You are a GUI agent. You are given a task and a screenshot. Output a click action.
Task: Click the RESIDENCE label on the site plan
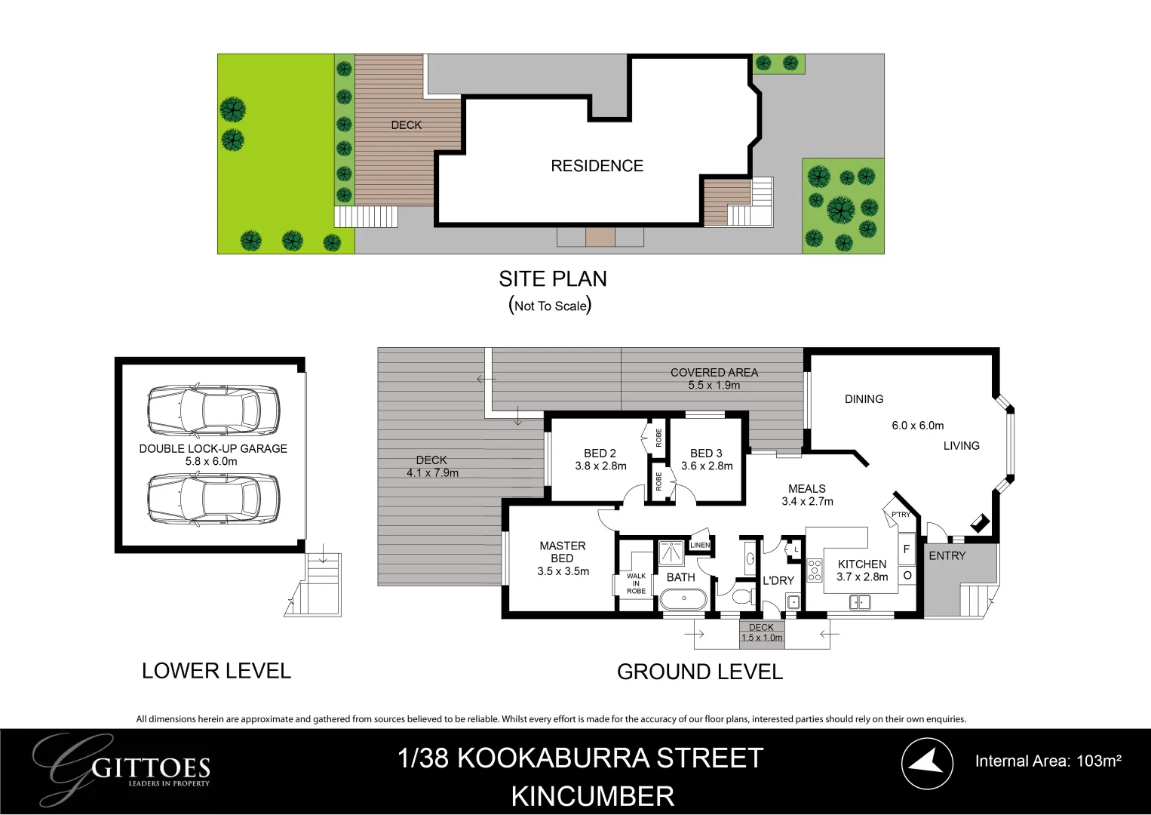tap(597, 166)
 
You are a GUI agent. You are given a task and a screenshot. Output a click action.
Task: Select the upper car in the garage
tap(213, 411)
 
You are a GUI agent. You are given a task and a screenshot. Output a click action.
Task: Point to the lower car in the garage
tap(213, 499)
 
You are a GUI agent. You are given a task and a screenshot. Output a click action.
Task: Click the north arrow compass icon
tap(927, 763)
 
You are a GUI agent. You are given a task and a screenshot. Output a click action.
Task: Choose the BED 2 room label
tap(600, 454)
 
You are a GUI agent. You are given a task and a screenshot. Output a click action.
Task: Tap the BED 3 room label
tap(706, 454)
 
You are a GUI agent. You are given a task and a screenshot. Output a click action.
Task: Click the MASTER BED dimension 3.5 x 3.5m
tap(563, 571)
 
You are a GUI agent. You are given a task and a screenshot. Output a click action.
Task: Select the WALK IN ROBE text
tap(636, 583)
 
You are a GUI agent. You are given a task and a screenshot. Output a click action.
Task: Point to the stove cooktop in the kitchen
tap(815, 570)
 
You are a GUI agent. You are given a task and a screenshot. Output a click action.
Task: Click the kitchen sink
tap(859, 602)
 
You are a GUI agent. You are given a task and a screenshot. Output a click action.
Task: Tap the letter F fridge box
tap(907, 549)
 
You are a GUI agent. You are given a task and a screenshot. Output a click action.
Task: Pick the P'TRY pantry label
tap(901, 515)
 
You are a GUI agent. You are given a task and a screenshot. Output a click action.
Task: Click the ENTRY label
tap(947, 555)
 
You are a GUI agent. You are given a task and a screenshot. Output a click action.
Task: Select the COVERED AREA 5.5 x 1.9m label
tap(714, 379)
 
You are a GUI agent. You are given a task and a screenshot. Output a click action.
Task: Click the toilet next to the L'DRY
tap(741, 597)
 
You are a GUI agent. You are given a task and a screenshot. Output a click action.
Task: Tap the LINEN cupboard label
tap(700, 545)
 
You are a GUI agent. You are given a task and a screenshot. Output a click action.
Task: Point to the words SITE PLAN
tap(552, 279)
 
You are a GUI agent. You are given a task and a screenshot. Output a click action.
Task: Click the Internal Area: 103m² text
tap(1048, 761)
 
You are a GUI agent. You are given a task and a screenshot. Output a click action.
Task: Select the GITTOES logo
tap(124, 768)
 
